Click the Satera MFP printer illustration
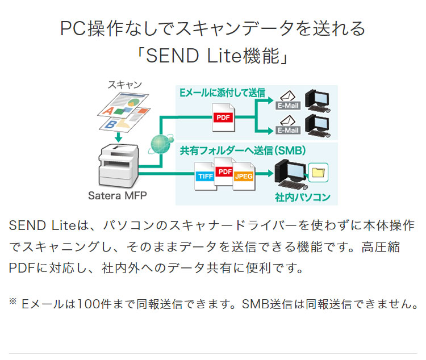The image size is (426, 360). click(x=118, y=165)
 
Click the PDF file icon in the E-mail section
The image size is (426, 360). click(x=223, y=117)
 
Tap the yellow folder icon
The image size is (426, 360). click(x=319, y=171)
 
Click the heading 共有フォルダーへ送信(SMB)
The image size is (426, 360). click(x=243, y=150)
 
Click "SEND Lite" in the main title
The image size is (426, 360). click(x=183, y=56)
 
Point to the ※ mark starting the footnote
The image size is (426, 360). click(x=13, y=302)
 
